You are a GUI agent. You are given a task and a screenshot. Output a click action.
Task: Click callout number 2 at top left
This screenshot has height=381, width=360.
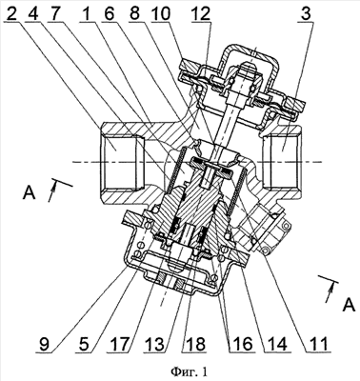point(11,13)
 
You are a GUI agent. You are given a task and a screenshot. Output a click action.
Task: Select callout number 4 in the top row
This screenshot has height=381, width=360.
point(34,13)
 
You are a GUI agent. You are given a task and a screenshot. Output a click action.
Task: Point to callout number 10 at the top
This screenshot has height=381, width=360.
point(161,13)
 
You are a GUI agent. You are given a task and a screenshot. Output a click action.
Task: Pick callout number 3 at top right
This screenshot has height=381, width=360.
point(306,13)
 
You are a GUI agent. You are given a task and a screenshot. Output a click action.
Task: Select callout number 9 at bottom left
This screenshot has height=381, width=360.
point(45,344)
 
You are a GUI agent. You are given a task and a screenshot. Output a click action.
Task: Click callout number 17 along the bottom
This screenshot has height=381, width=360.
point(118,344)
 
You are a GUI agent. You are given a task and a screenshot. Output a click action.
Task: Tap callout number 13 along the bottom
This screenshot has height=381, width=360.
point(156,344)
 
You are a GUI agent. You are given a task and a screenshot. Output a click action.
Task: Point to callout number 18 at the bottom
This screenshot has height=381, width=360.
point(194,344)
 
